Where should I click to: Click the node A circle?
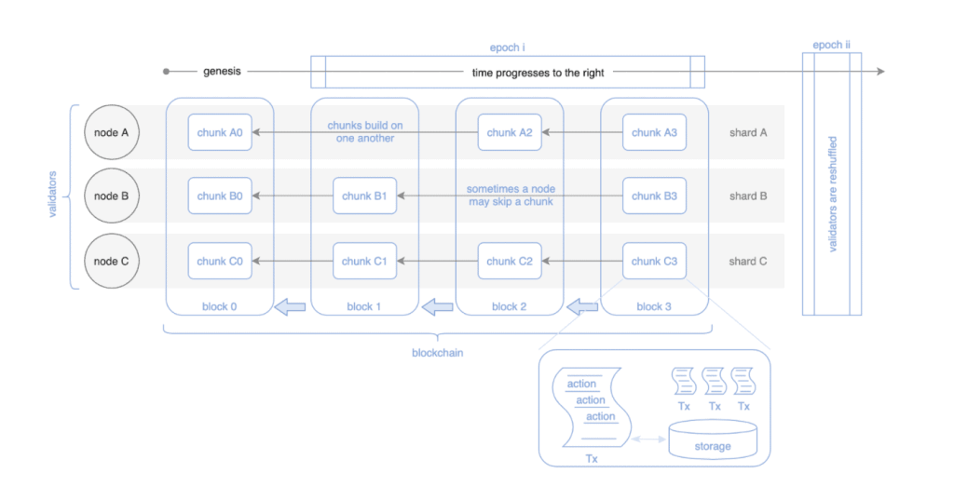point(112,132)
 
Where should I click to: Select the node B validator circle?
point(112,196)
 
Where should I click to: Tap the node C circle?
point(112,262)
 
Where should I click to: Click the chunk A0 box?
point(220,132)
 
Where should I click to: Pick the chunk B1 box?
point(365,196)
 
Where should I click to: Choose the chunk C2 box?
point(510,262)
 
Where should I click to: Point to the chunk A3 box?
point(654,132)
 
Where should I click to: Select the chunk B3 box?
point(654,196)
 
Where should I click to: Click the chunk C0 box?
point(220,262)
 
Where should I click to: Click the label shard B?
point(748,196)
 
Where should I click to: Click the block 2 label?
point(510,306)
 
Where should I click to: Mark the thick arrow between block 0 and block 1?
point(292,305)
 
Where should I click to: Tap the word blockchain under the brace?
point(438,353)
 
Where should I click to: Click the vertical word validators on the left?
point(53,196)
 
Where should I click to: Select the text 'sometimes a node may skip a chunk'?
point(510,196)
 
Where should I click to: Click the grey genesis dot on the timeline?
point(166,72)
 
